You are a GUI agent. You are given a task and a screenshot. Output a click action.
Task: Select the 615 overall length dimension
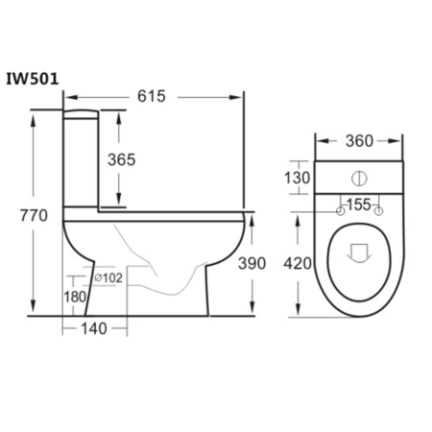(x=152, y=96)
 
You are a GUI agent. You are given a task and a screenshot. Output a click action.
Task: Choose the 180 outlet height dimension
(x=74, y=296)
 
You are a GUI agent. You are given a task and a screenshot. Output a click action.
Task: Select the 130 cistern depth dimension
(x=298, y=178)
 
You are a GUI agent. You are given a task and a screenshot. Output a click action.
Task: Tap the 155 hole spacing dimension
(x=359, y=204)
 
